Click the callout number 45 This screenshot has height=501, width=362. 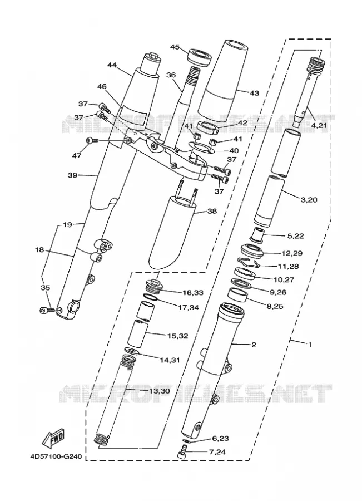175,47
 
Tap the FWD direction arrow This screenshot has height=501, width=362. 53,438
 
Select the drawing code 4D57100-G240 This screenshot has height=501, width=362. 56,456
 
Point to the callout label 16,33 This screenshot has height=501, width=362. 193,292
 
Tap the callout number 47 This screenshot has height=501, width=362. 77,156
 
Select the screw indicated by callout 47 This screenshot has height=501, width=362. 92,140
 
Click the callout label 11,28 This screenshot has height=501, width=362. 289,266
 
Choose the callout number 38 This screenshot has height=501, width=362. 212,211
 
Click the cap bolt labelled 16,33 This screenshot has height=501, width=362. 154,286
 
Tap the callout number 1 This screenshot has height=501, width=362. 310,345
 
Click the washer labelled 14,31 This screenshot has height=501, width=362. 131,351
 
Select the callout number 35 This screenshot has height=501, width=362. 46,288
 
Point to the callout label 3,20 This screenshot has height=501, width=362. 309,200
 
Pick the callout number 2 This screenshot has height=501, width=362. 254,345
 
